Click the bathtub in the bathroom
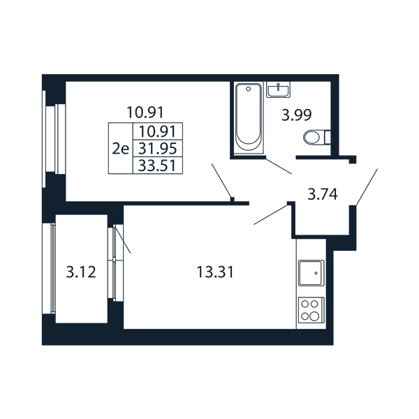click(x=248, y=118)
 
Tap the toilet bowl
click(x=311, y=138)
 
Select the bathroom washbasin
click(x=279, y=90)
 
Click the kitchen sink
click(x=311, y=273)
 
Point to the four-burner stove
click(x=311, y=310)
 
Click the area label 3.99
click(x=297, y=115)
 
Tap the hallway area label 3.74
click(x=323, y=194)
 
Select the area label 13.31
click(x=215, y=272)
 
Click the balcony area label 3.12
click(x=81, y=272)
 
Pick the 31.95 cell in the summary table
click(x=158, y=148)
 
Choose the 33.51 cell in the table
click(x=158, y=166)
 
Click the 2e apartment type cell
click(x=121, y=148)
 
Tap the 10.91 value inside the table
click(x=158, y=131)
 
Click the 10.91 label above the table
click(x=145, y=112)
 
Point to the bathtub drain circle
click(x=249, y=89)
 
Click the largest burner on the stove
click(x=314, y=316)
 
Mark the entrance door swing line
click(x=367, y=187)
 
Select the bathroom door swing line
click(x=278, y=166)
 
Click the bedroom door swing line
click(x=222, y=181)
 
